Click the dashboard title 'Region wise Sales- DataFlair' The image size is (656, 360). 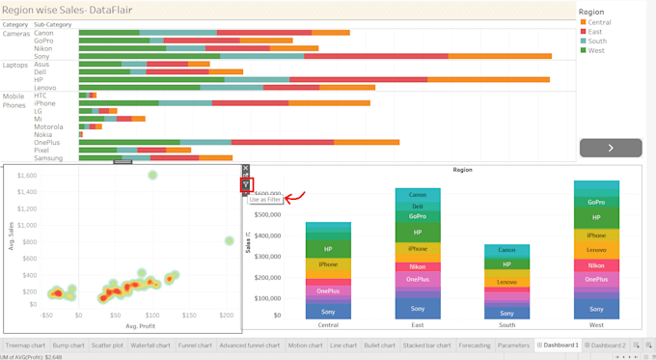click(x=68, y=10)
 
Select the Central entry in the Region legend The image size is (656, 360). click(x=598, y=22)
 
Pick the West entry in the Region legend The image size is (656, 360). click(x=595, y=50)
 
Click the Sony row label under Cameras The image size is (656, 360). click(x=43, y=57)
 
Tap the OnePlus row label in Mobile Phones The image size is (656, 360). click(x=47, y=143)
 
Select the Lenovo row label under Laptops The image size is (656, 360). click(x=45, y=88)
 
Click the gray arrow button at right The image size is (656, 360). click(x=611, y=148)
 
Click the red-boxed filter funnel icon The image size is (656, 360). click(x=246, y=184)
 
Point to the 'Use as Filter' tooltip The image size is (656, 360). click(x=265, y=200)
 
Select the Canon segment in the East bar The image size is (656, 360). click(x=418, y=195)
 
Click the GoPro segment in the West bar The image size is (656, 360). click(x=596, y=203)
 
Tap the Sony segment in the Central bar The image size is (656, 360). click(x=328, y=312)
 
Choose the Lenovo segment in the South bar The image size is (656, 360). click(x=506, y=282)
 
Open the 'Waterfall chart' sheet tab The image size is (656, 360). click(x=150, y=345)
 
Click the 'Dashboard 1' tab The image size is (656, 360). click(x=560, y=345)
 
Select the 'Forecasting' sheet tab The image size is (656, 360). click(x=474, y=345)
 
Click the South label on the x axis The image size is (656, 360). click(x=506, y=325)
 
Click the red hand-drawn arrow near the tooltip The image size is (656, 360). click(x=295, y=198)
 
